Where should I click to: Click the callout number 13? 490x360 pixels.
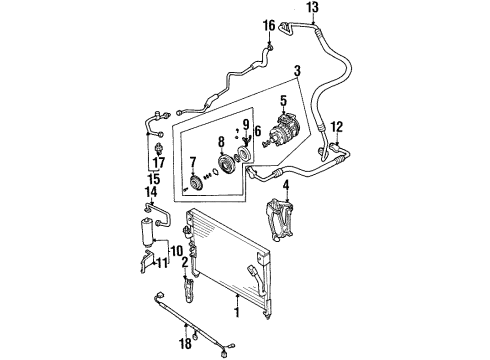pyautogui.click(x=313, y=7)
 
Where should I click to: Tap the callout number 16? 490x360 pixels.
pyautogui.click(x=269, y=25)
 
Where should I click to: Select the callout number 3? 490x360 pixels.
pyautogui.click(x=297, y=71)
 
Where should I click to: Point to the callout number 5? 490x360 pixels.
pyautogui.click(x=283, y=101)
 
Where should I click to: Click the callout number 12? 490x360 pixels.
pyautogui.click(x=337, y=127)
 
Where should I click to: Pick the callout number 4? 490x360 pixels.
pyautogui.click(x=286, y=186)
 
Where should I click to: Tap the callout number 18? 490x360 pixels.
pyautogui.click(x=186, y=343)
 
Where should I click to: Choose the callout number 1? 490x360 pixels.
pyautogui.click(x=237, y=313)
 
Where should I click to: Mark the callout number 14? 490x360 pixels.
pyautogui.click(x=150, y=192)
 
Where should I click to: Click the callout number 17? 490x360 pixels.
pyautogui.click(x=159, y=163)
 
